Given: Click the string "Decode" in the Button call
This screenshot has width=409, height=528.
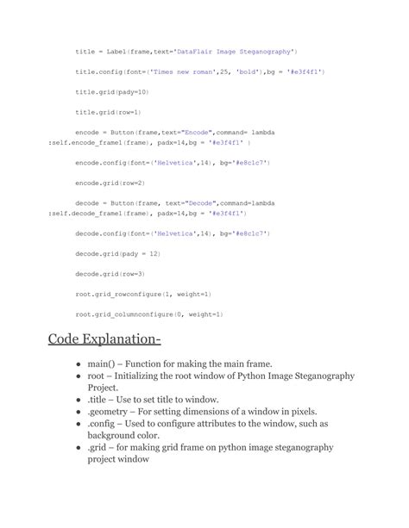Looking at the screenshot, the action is pyautogui.click(x=183, y=202).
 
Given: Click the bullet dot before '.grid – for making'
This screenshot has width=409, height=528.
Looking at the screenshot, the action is pyautogui.click(x=79, y=448).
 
